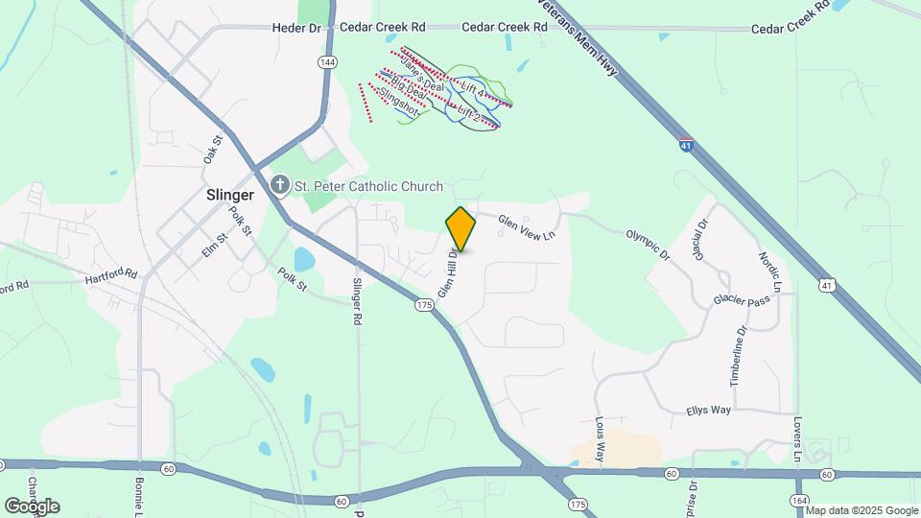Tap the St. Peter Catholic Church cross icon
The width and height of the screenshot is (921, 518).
(280, 186)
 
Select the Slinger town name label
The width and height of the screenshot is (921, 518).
(230, 195)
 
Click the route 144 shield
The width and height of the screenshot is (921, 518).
(328, 61)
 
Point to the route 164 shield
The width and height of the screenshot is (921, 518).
(799, 500)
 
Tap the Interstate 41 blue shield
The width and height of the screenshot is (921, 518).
(686, 145)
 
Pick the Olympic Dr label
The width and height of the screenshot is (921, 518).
(647, 244)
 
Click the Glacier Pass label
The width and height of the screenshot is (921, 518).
(742, 300)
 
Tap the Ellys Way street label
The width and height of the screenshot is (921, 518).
(708, 411)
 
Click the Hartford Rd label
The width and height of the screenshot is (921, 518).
(111, 275)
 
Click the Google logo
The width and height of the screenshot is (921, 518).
(32, 506)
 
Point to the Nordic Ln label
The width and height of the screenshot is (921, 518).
(770, 272)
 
